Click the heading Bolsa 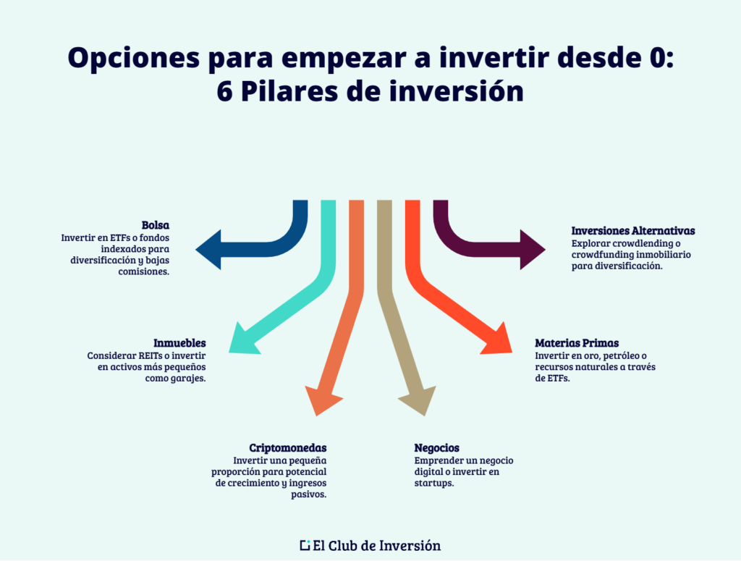click(x=156, y=225)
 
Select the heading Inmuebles click(x=179, y=343)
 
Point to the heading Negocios click(x=436, y=448)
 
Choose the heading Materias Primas click(x=577, y=343)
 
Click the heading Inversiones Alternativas click(x=633, y=231)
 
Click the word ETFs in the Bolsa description click(x=111, y=237)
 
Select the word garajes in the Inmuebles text click(x=188, y=379)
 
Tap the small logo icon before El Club click(x=305, y=545)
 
